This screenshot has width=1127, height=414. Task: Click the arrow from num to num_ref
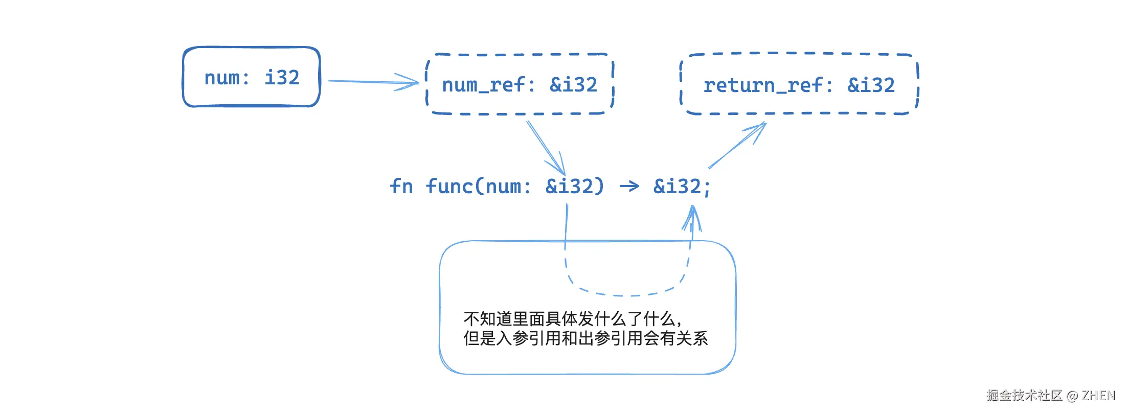click(373, 82)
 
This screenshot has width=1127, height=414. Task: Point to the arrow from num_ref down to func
click(546, 148)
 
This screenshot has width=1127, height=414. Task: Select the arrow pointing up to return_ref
click(737, 145)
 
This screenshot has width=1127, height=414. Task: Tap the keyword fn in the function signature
click(401, 186)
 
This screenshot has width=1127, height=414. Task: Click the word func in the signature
click(449, 186)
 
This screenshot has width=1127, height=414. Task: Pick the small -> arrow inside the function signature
click(629, 187)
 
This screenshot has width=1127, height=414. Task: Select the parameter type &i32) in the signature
click(575, 187)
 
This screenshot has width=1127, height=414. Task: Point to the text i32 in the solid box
click(282, 78)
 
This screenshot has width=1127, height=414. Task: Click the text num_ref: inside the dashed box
click(488, 85)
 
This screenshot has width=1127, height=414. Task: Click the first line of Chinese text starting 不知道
click(573, 319)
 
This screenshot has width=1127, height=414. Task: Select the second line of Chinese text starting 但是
click(585, 338)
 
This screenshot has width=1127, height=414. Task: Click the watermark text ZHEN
click(1098, 396)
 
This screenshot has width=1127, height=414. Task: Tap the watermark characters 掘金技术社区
click(1024, 396)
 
